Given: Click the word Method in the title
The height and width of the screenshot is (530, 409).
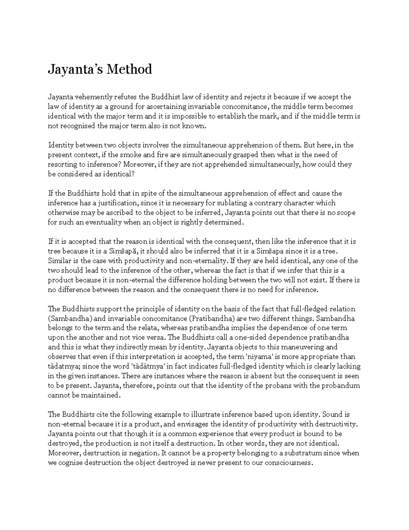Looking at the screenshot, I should tap(129, 69).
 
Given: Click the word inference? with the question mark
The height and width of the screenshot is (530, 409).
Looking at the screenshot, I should tap(105, 164).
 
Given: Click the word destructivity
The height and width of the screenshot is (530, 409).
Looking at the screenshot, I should tap(337, 424).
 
